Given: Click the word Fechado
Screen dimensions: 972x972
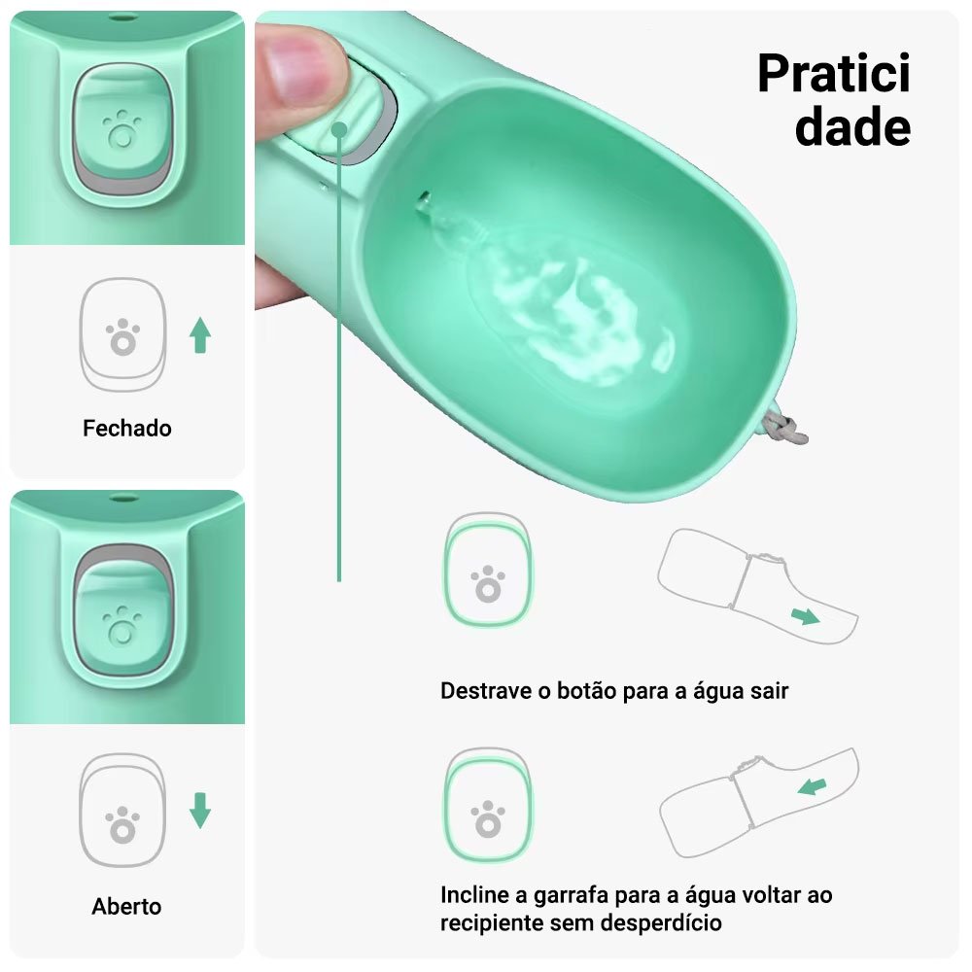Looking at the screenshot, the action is click(x=127, y=429).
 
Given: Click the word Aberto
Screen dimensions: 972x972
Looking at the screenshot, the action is click(x=127, y=906).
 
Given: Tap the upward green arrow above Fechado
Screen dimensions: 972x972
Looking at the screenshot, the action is click(x=200, y=335).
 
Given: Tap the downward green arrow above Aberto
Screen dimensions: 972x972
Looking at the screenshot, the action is click(x=200, y=811).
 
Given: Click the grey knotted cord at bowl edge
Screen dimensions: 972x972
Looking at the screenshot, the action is click(x=783, y=428).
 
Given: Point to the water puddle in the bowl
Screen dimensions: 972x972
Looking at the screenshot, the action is click(x=571, y=310).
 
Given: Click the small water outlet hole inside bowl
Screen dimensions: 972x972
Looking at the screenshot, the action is click(x=424, y=200).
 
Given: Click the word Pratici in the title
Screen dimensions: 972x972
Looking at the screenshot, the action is click(x=834, y=73).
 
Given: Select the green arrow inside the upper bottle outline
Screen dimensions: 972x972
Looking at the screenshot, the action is click(x=806, y=616).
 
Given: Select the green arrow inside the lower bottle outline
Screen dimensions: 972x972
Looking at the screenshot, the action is click(x=812, y=787).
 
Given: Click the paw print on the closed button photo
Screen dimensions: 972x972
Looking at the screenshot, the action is click(x=121, y=129).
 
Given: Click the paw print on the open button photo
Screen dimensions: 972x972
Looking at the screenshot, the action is click(x=122, y=625).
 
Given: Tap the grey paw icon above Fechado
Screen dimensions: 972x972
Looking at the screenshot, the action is click(x=122, y=337).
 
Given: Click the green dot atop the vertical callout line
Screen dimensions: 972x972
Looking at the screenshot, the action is click(x=339, y=129).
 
